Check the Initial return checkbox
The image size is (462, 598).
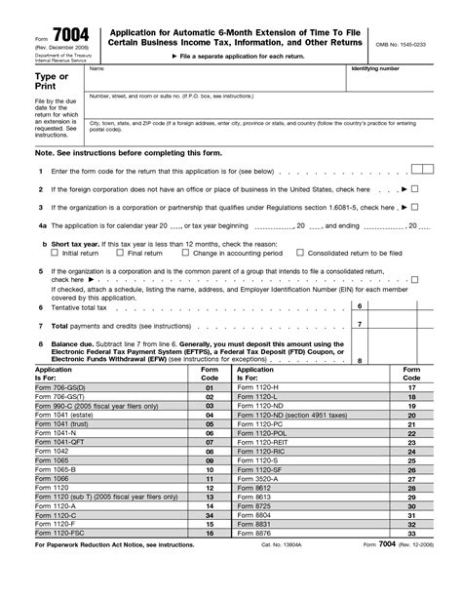56,253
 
